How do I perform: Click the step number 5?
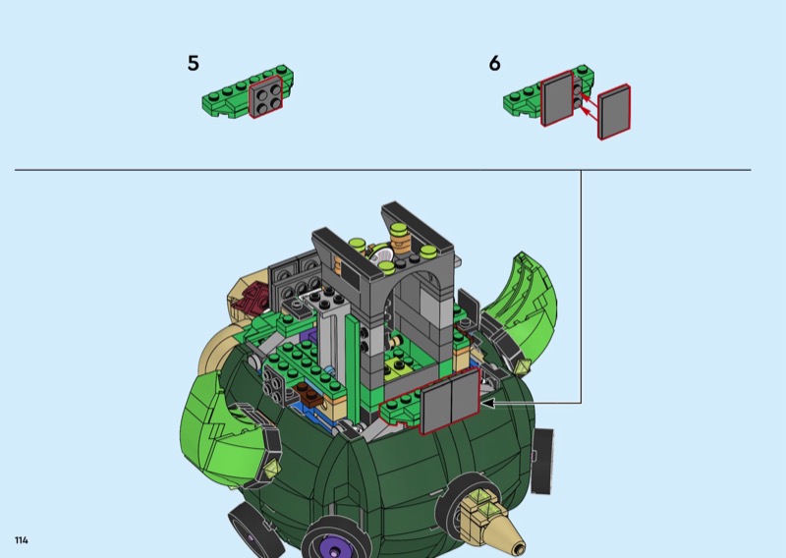coord(193,64)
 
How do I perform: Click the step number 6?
coord(494,64)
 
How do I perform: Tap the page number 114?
coord(22,540)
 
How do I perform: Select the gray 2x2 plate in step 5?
coord(265,98)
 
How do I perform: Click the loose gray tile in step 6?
coord(614,112)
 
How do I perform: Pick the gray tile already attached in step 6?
coord(557,98)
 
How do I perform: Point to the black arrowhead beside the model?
coord(487,403)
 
